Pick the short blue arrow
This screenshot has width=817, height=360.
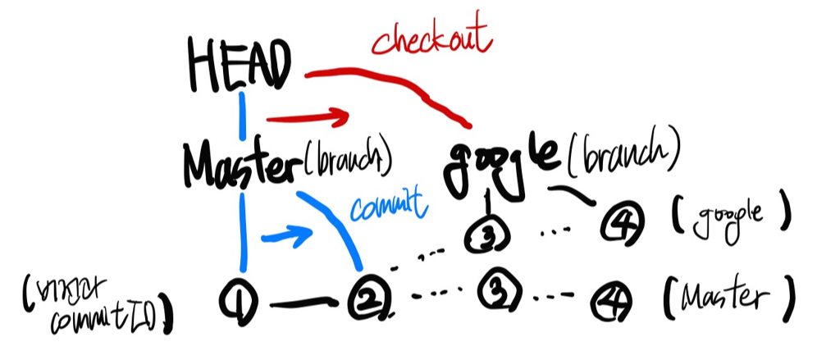286,238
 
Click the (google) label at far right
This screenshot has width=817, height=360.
730,216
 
